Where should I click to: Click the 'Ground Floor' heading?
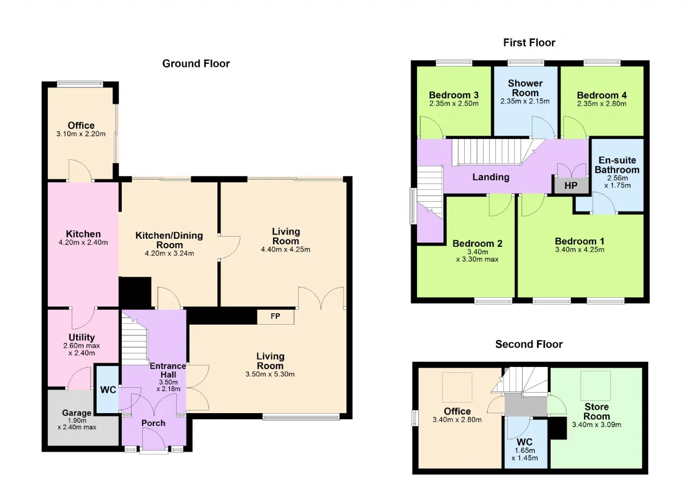[196, 64]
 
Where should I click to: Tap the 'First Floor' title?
[529, 42]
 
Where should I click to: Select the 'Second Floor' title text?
[529, 344]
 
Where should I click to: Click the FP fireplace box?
[275, 317]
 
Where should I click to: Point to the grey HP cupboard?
[571, 186]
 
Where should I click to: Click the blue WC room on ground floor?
[108, 390]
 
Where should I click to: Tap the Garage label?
[77, 413]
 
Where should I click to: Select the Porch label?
[154, 423]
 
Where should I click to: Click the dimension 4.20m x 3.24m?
[169, 253]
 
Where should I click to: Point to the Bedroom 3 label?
[454, 95]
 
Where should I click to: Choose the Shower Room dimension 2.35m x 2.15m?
[525, 101]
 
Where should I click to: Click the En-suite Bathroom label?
[617, 165]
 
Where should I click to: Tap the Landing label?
[491, 177]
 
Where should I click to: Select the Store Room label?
[596, 412]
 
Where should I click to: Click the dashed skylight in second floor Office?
[457, 387]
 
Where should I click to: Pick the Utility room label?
[82, 337]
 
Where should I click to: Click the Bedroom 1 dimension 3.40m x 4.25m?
[580, 250]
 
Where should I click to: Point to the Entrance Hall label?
[168, 370]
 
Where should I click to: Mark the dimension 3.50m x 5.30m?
[270, 375]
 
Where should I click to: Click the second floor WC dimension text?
[525, 454]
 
